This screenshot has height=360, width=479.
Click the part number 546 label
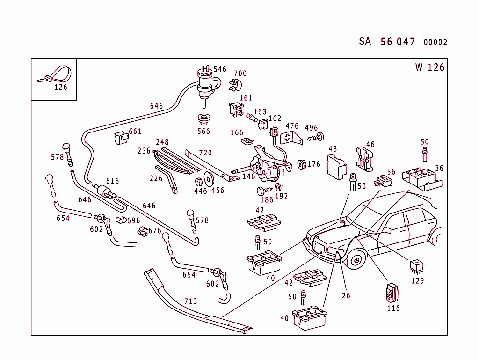tap(220, 69)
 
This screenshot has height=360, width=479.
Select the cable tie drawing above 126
tap(56, 75)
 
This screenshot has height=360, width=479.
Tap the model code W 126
tap(429, 67)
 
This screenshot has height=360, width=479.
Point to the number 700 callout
tap(240, 73)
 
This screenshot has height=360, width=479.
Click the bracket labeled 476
tap(290, 137)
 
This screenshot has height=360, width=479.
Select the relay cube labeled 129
tap(416, 266)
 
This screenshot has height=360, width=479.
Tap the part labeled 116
tap(392, 292)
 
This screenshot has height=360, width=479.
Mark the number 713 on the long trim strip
tap(190, 301)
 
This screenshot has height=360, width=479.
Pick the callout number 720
tap(205, 153)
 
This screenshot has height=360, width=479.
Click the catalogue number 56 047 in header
tap(398, 42)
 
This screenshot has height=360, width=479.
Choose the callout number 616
tap(112, 181)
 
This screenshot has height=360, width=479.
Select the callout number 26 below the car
tap(346, 295)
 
